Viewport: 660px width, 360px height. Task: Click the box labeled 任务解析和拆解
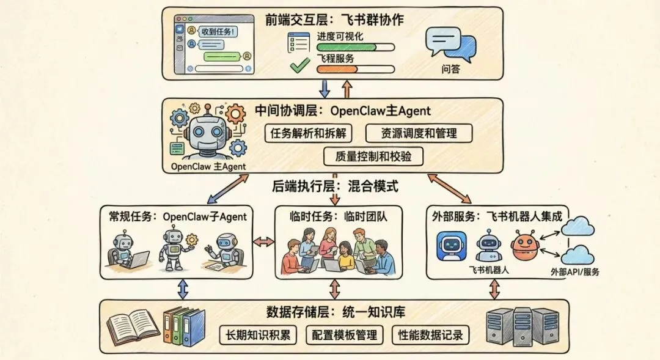[309, 133]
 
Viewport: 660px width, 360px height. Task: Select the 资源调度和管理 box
[411, 133]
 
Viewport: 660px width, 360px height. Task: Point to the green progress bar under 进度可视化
[354, 47]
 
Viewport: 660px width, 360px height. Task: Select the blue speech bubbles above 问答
[450, 43]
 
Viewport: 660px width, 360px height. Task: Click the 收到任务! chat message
[218, 31]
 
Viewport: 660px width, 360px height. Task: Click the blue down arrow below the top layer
[324, 88]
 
